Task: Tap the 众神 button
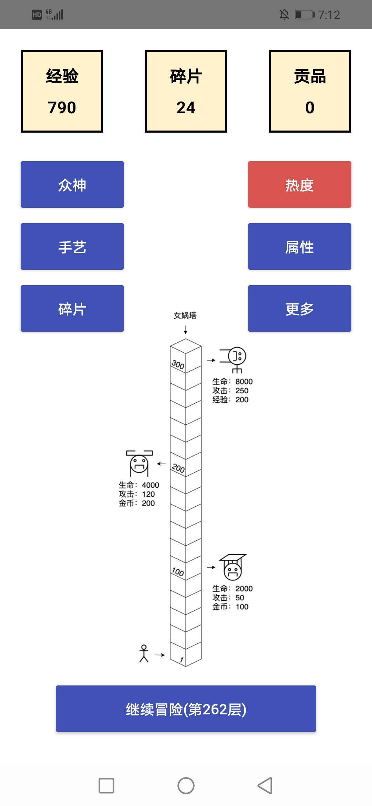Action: click(x=72, y=185)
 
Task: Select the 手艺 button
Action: click(x=72, y=247)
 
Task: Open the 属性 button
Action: click(x=300, y=247)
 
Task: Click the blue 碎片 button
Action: click(x=72, y=309)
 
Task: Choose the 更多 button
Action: click(x=300, y=309)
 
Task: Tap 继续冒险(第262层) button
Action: click(x=186, y=709)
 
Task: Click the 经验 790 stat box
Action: click(x=62, y=91)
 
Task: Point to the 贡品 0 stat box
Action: click(x=310, y=91)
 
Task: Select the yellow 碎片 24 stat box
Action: click(x=186, y=91)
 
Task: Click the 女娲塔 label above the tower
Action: click(x=185, y=316)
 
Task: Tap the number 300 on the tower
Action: click(x=178, y=364)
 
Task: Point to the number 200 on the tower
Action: click(x=178, y=468)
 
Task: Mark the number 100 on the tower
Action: click(x=178, y=572)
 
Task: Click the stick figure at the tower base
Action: click(x=144, y=653)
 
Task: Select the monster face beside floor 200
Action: click(x=139, y=464)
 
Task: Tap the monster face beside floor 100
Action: click(x=233, y=567)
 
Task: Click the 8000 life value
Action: click(x=244, y=382)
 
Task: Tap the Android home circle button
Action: click(x=186, y=786)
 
